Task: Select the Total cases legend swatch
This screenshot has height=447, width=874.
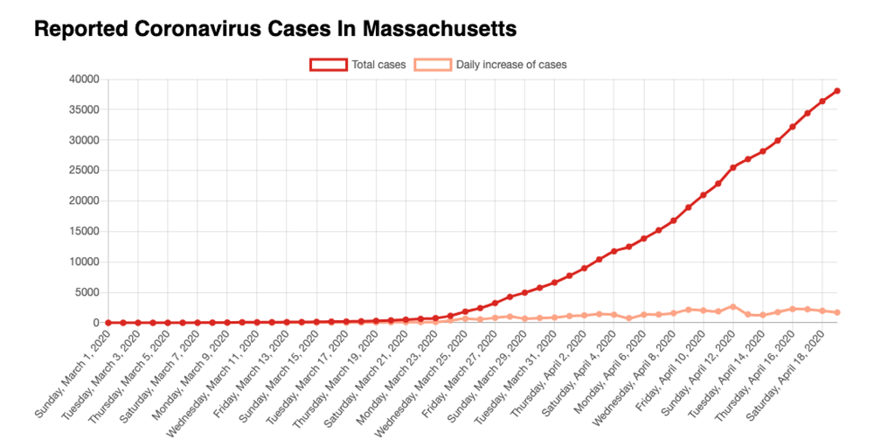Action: [x=328, y=65]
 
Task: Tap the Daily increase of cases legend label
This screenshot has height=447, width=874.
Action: [x=511, y=65]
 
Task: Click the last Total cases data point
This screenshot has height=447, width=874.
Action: [x=836, y=91]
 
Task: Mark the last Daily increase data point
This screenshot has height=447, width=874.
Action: [x=836, y=312]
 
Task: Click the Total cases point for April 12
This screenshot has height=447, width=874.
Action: [x=733, y=167]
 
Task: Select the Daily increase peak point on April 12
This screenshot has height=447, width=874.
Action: [x=733, y=307]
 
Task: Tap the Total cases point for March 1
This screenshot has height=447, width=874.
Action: [x=108, y=323]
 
